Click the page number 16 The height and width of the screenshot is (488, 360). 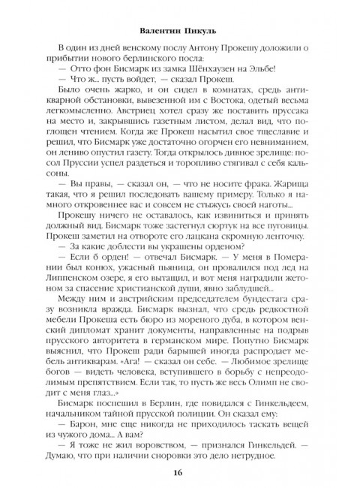[178, 471]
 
